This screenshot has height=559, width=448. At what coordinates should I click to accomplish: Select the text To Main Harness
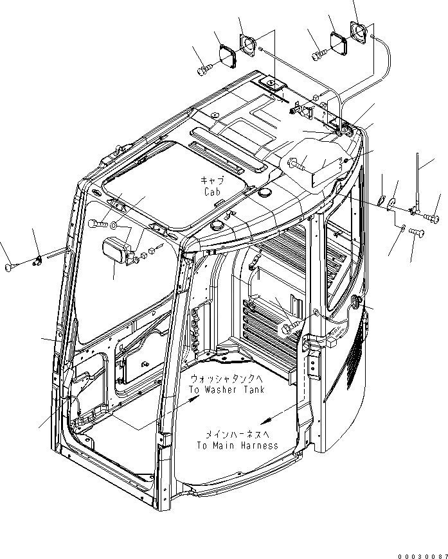(x=238, y=445)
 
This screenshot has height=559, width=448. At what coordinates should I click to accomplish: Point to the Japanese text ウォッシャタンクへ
(x=226, y=380)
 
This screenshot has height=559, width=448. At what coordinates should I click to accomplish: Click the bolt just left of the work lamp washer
(x=98, y=224)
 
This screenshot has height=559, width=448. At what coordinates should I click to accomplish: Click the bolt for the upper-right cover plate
(x=316, y=56)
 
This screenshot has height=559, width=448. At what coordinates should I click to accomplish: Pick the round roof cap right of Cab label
(x=264, y=192)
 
